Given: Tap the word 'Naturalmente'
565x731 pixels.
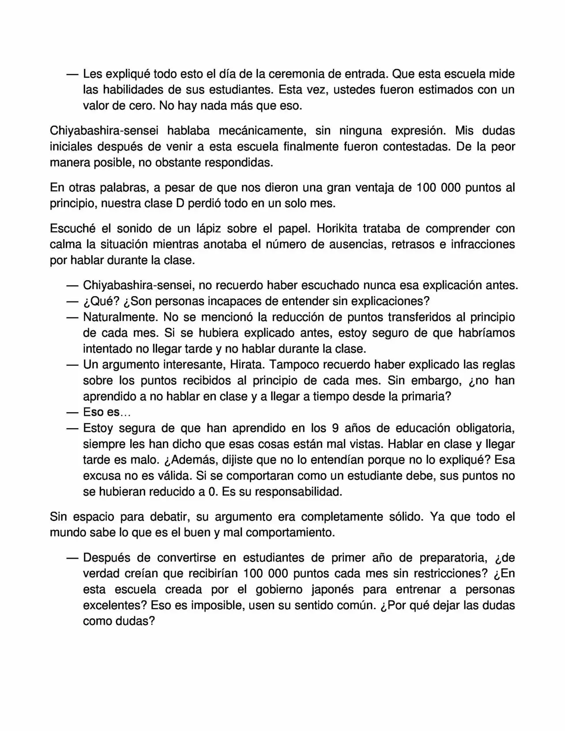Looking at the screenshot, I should (120, 317).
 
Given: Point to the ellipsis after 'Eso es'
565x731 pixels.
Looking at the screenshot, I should (126, 413).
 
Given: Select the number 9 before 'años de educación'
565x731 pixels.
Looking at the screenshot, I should (335, 428).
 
